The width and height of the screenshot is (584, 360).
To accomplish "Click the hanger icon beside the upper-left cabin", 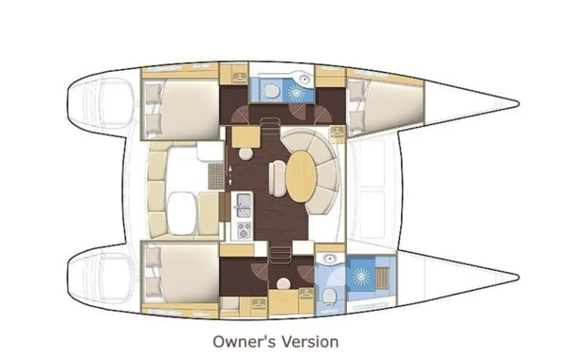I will tap(237, 73).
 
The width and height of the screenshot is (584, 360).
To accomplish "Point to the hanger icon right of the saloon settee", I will tap(337, 132).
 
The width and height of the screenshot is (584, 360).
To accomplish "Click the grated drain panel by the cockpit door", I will tap(215, 176).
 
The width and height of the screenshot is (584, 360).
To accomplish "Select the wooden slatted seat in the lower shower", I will tap(382, 277).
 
